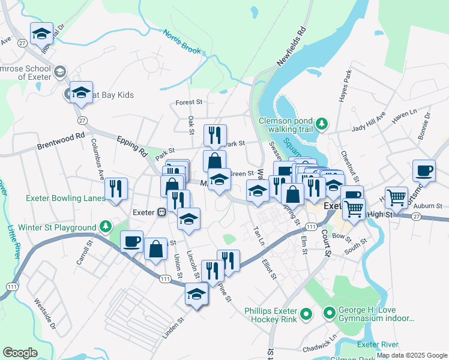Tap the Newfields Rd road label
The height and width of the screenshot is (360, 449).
(292, 46)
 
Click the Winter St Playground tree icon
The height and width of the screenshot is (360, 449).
(106, 227)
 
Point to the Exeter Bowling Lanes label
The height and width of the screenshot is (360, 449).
(65, 198)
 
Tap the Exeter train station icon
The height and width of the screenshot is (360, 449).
(161, 212)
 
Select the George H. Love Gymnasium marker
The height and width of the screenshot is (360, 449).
(329, 312)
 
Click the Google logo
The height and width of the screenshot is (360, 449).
(20, 353)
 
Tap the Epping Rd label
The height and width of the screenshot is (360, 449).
(132, 145)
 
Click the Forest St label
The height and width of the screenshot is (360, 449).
(189, 103)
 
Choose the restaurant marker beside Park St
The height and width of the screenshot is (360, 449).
(214, 136)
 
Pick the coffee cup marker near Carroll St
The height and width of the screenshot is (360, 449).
(131, 241)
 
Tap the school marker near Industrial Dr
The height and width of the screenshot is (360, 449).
(41, 34)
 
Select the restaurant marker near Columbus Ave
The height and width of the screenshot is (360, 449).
(116, 189)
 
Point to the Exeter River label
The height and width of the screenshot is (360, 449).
(378, 344)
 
